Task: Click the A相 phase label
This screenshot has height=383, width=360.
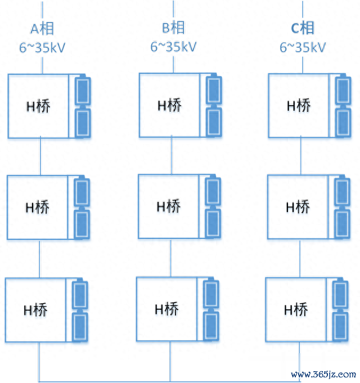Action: tap(42, 29)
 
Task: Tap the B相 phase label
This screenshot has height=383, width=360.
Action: tap(173, 28)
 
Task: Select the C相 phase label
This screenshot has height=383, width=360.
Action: tap(303, 28)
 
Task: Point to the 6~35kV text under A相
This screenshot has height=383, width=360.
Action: tap(42, 47)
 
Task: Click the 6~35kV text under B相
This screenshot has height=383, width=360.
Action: tap(173, 47)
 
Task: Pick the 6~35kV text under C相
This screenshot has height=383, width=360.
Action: tap(303, 47)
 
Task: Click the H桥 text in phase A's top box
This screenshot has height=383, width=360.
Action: tap(38, 106)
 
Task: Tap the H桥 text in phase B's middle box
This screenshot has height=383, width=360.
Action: tap(169, 206)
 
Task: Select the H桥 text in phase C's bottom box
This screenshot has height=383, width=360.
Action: tap(296, 309)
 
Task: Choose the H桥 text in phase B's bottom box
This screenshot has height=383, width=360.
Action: tap(167, 309)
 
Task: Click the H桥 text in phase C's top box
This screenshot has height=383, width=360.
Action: tap(299, 106)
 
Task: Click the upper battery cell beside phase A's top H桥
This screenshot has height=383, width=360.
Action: tap(83, 90)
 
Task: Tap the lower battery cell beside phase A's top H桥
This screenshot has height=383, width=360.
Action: tap(83, 123)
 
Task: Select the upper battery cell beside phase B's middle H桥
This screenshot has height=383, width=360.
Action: tap(213, 191)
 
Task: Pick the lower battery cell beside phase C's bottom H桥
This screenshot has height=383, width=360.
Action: tap(340, 326)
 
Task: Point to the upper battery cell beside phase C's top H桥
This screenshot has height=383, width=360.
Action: tap(343, 89)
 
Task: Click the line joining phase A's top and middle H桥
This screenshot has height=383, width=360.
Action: tap(40, 156)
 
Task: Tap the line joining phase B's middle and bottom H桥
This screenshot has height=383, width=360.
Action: tap(170, 258)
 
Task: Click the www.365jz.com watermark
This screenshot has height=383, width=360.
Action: tap(323, 374)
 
